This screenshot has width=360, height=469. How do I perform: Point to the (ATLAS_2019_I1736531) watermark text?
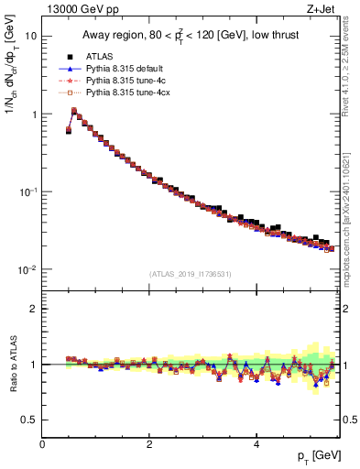tap(191, 274)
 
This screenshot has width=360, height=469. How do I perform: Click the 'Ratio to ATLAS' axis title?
tap(12, 365)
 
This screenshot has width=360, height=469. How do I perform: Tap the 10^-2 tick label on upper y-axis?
tap(27, 269)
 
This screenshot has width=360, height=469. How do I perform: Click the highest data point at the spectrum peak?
tap(74, 111)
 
